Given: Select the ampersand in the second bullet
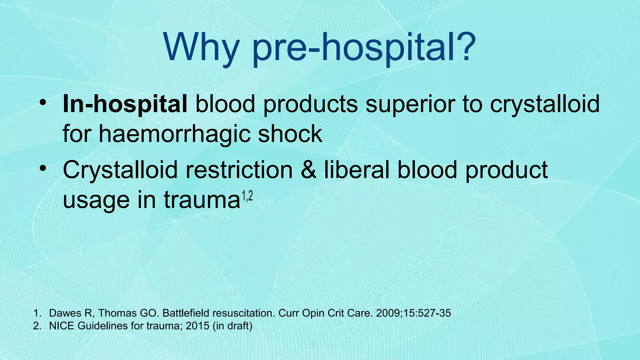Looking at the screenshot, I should coord(308,170).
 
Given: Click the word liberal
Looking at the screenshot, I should coord(357,170).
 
